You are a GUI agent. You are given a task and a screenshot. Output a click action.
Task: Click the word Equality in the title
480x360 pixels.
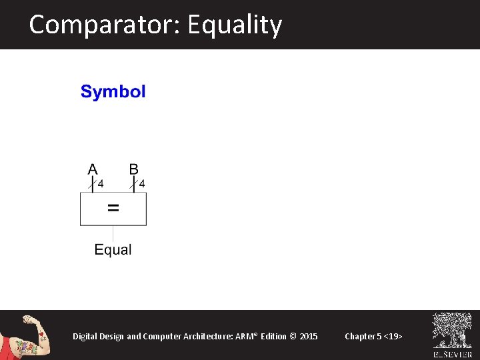point(235,25)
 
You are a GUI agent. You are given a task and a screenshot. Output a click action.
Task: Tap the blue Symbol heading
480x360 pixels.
point(113,92)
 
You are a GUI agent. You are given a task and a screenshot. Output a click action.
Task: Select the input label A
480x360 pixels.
point(93,169)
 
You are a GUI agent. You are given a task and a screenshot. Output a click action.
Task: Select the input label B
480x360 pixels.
point(134,169)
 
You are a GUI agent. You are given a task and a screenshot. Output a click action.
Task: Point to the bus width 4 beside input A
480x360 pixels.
point(101,183)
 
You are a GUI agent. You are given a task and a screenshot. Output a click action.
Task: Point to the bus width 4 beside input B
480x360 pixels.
point(142,183)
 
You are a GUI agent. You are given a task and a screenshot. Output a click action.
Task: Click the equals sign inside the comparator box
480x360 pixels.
point(113,208)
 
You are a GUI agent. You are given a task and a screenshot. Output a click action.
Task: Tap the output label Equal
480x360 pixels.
point(113,250)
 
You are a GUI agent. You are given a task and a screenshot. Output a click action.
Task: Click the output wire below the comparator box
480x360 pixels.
point(113,233)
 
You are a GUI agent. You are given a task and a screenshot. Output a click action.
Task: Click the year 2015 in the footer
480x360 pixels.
point(309,336)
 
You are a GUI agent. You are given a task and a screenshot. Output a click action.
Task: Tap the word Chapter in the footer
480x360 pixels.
point(359,336)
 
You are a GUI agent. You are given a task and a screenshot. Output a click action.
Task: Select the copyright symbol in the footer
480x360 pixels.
point(294,336)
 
